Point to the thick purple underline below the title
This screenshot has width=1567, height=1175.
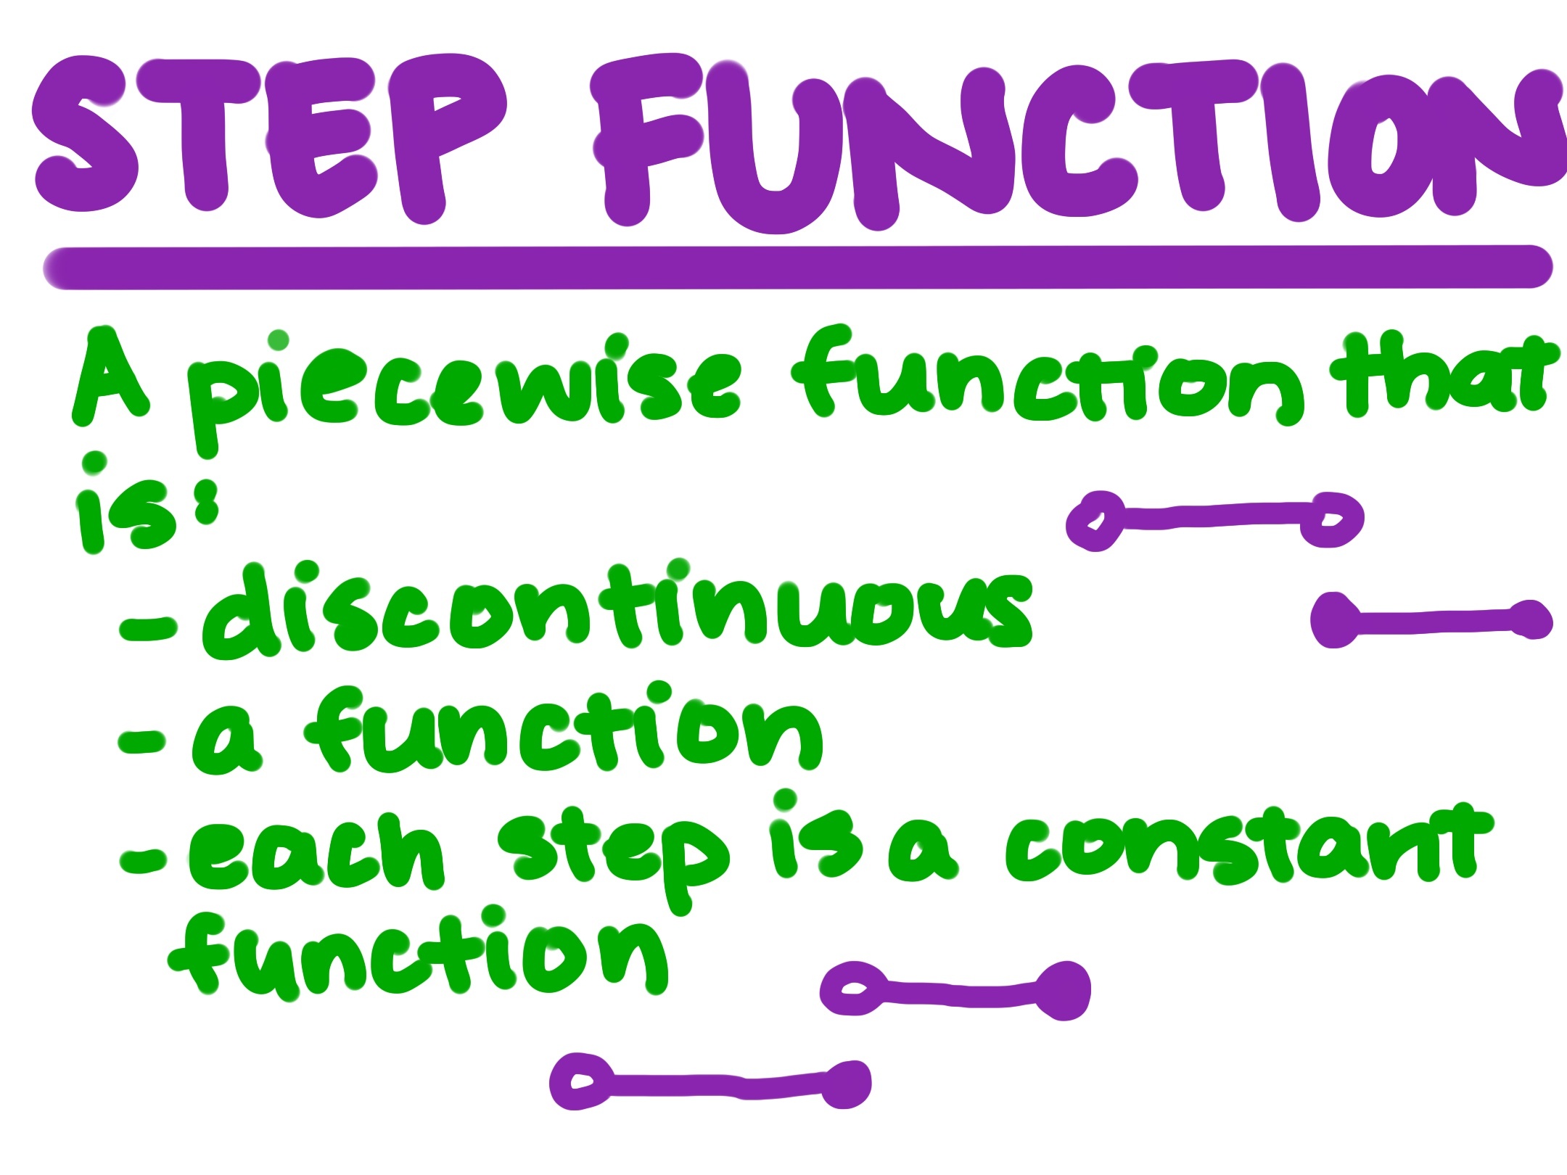798,267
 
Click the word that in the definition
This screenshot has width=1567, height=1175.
1444,377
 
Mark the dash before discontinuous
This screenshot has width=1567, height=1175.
149,629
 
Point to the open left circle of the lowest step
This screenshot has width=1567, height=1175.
580,1081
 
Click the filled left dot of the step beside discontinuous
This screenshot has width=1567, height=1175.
1335,621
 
